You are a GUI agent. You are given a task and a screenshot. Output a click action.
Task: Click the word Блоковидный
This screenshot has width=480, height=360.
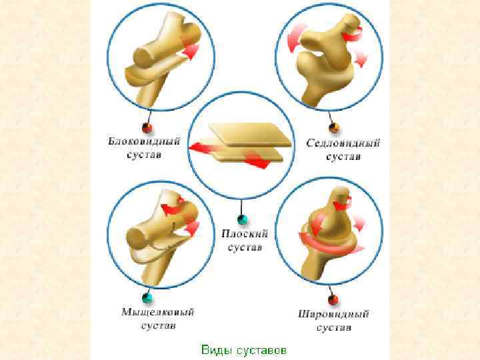[x=145, y=141]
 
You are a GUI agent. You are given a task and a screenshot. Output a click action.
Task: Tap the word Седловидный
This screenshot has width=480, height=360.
[x=343, y=143]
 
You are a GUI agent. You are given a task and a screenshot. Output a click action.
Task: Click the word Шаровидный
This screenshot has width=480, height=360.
[x=333, y=314]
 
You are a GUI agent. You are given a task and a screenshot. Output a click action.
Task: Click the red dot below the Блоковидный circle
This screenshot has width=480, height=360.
[x=148, y=127]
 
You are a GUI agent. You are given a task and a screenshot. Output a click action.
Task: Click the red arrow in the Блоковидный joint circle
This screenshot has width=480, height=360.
[x=191, y=51]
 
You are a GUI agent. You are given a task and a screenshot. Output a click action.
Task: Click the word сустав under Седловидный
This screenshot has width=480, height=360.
[x=343, y=157]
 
